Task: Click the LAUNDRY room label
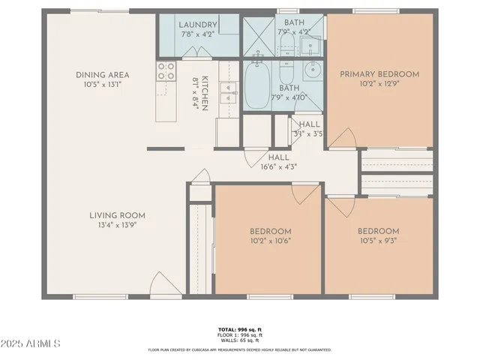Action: (x=198, y=24)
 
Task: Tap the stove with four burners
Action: (x=166, y=71)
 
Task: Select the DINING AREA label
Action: (x=102, y=74)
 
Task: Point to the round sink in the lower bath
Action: (x=312, y=73)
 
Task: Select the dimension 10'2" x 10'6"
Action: (x=270, y=241)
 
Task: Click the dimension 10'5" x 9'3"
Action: (x=377, y=241)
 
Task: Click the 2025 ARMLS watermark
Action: (x=31, y=343)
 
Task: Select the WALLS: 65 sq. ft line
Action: (x=240, y=341)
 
